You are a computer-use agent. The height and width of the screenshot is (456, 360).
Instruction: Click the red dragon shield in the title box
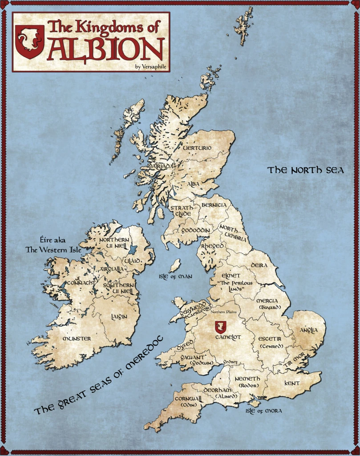tap(30, 42)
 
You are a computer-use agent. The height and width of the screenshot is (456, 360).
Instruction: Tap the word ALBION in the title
tap(106, 50)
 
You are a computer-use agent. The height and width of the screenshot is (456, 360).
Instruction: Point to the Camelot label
tap(227, 338)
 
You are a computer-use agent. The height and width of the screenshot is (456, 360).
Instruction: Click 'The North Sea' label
tap(306, 170)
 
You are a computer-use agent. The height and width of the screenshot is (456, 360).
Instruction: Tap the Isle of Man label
tap(175, 277)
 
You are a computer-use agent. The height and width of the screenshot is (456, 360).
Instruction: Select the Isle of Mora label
tap(263, 411)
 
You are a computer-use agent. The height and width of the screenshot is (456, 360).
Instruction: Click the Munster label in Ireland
tap(77, 339)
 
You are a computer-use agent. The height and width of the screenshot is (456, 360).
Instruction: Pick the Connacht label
tap(81, 283)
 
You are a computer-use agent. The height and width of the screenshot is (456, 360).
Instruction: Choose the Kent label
tap(292, 383)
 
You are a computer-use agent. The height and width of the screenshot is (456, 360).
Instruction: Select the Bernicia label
tap(214, 205)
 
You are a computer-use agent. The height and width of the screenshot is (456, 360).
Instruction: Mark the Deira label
tap(259, 265)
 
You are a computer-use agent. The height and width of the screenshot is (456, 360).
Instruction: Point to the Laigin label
tap(119, 317)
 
